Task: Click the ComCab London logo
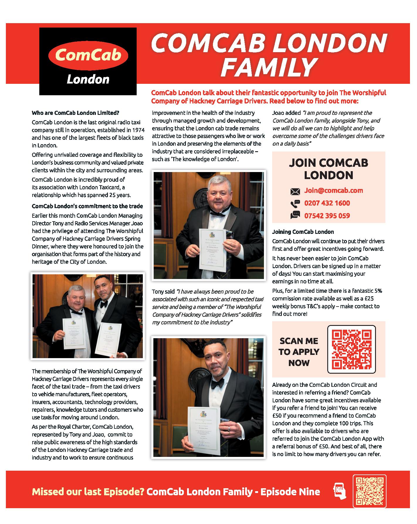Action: [x=88, y=61]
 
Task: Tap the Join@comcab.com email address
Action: [x=333, y=190]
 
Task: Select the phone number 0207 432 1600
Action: [x=327, y=203]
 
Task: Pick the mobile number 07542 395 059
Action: [x=327, y=216]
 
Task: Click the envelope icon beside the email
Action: [x=295, y=192]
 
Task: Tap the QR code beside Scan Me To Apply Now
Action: [x=351, y=349]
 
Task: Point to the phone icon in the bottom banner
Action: [x=340, y=492]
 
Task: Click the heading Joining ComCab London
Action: [x=303, y=232]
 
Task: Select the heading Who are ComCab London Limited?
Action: [x=75, y=113]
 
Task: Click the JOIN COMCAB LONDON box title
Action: [x=328, y=169]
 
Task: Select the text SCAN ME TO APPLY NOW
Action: [x=299, y=352]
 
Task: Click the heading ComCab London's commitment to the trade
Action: [x=87, y=206]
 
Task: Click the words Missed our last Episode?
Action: [x=88, y=491]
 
